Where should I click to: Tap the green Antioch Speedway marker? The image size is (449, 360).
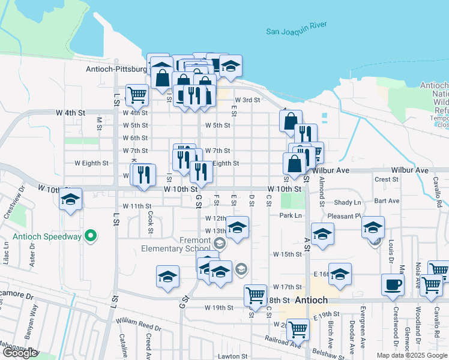click(91, 236)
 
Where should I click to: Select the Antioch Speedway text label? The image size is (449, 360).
click(47, 236)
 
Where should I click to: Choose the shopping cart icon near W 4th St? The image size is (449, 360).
click(137, 94)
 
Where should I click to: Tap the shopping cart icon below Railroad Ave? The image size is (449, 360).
click(297, 328)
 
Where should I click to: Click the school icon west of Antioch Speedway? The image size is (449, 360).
click(71, 199)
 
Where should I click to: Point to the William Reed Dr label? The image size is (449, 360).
click(139, 325)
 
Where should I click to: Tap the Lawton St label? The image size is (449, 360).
click(234, 356)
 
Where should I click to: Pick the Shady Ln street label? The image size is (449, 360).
click(348, 202)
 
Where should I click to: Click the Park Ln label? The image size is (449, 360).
click(290, 215)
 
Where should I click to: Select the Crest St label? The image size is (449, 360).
click(382, 179)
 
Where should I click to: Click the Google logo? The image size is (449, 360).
click(19, 353)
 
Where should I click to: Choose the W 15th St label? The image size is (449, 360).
click(287, 254)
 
